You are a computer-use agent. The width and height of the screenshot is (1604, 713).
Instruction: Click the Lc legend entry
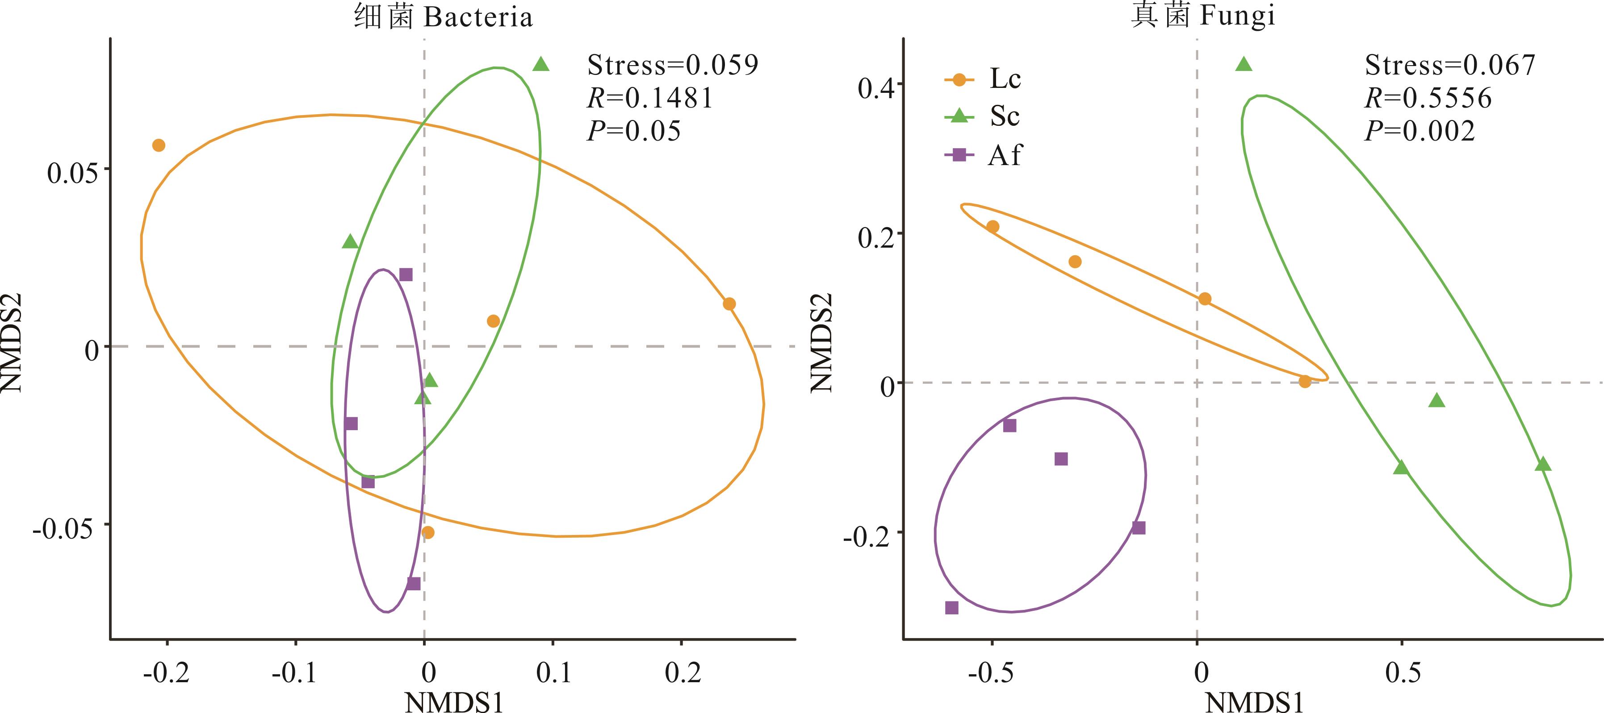coord(983,79)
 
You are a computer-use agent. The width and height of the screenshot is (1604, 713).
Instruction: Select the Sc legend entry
coord(983,116)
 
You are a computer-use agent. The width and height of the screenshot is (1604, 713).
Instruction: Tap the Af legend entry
coord(983,155)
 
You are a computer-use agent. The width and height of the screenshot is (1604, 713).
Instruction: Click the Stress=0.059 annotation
coord(673,65)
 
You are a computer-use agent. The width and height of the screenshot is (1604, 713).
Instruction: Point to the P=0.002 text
coord(1420,131)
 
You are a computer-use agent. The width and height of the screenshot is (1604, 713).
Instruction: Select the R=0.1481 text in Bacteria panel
coord(649,98)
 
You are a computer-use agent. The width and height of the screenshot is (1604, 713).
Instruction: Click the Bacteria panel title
coord(444,17)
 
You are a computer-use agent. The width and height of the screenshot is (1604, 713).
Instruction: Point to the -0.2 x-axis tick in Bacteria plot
coord(166,672)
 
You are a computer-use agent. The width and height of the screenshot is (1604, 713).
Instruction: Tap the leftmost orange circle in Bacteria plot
coord(159,145)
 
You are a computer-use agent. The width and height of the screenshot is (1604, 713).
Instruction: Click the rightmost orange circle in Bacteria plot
coord(729,303)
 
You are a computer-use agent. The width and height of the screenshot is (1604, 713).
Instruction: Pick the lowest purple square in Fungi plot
coord(951,608)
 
